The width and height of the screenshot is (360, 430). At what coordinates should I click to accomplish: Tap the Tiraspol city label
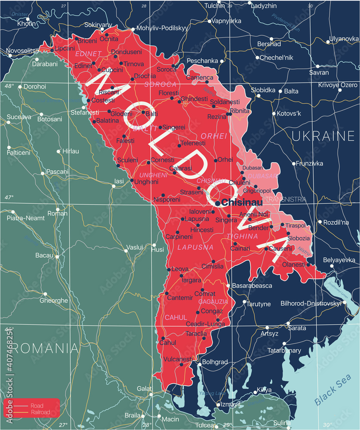(x=296, y=225)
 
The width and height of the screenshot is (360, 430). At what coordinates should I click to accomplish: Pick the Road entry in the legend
(x=37, y=405)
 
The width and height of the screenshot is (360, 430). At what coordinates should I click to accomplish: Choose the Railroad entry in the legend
(x=40, y=412)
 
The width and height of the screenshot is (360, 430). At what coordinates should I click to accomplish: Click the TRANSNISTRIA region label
(x=286, y=199)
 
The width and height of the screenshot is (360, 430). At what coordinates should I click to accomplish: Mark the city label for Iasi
(x=118, y=181)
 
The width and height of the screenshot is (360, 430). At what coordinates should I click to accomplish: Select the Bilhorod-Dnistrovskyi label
(x=311, y=303)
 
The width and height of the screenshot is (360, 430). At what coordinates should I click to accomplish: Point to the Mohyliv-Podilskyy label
(x=162, y=28)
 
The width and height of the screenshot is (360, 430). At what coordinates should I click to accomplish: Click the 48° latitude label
(x=9, y=86)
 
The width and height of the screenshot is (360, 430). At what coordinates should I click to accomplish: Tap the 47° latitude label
(x=9, y=197)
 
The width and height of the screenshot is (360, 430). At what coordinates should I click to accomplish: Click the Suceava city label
(x=19, y=117)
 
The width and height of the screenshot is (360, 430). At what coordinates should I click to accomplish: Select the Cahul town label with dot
(x=168, y=342)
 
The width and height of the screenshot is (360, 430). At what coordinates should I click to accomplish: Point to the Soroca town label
(x=166, y=69)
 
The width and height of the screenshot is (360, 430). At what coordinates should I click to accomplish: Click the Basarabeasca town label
(x=252, y=285)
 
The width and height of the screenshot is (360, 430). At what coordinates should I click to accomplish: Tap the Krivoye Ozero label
(x=338, y=85)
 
